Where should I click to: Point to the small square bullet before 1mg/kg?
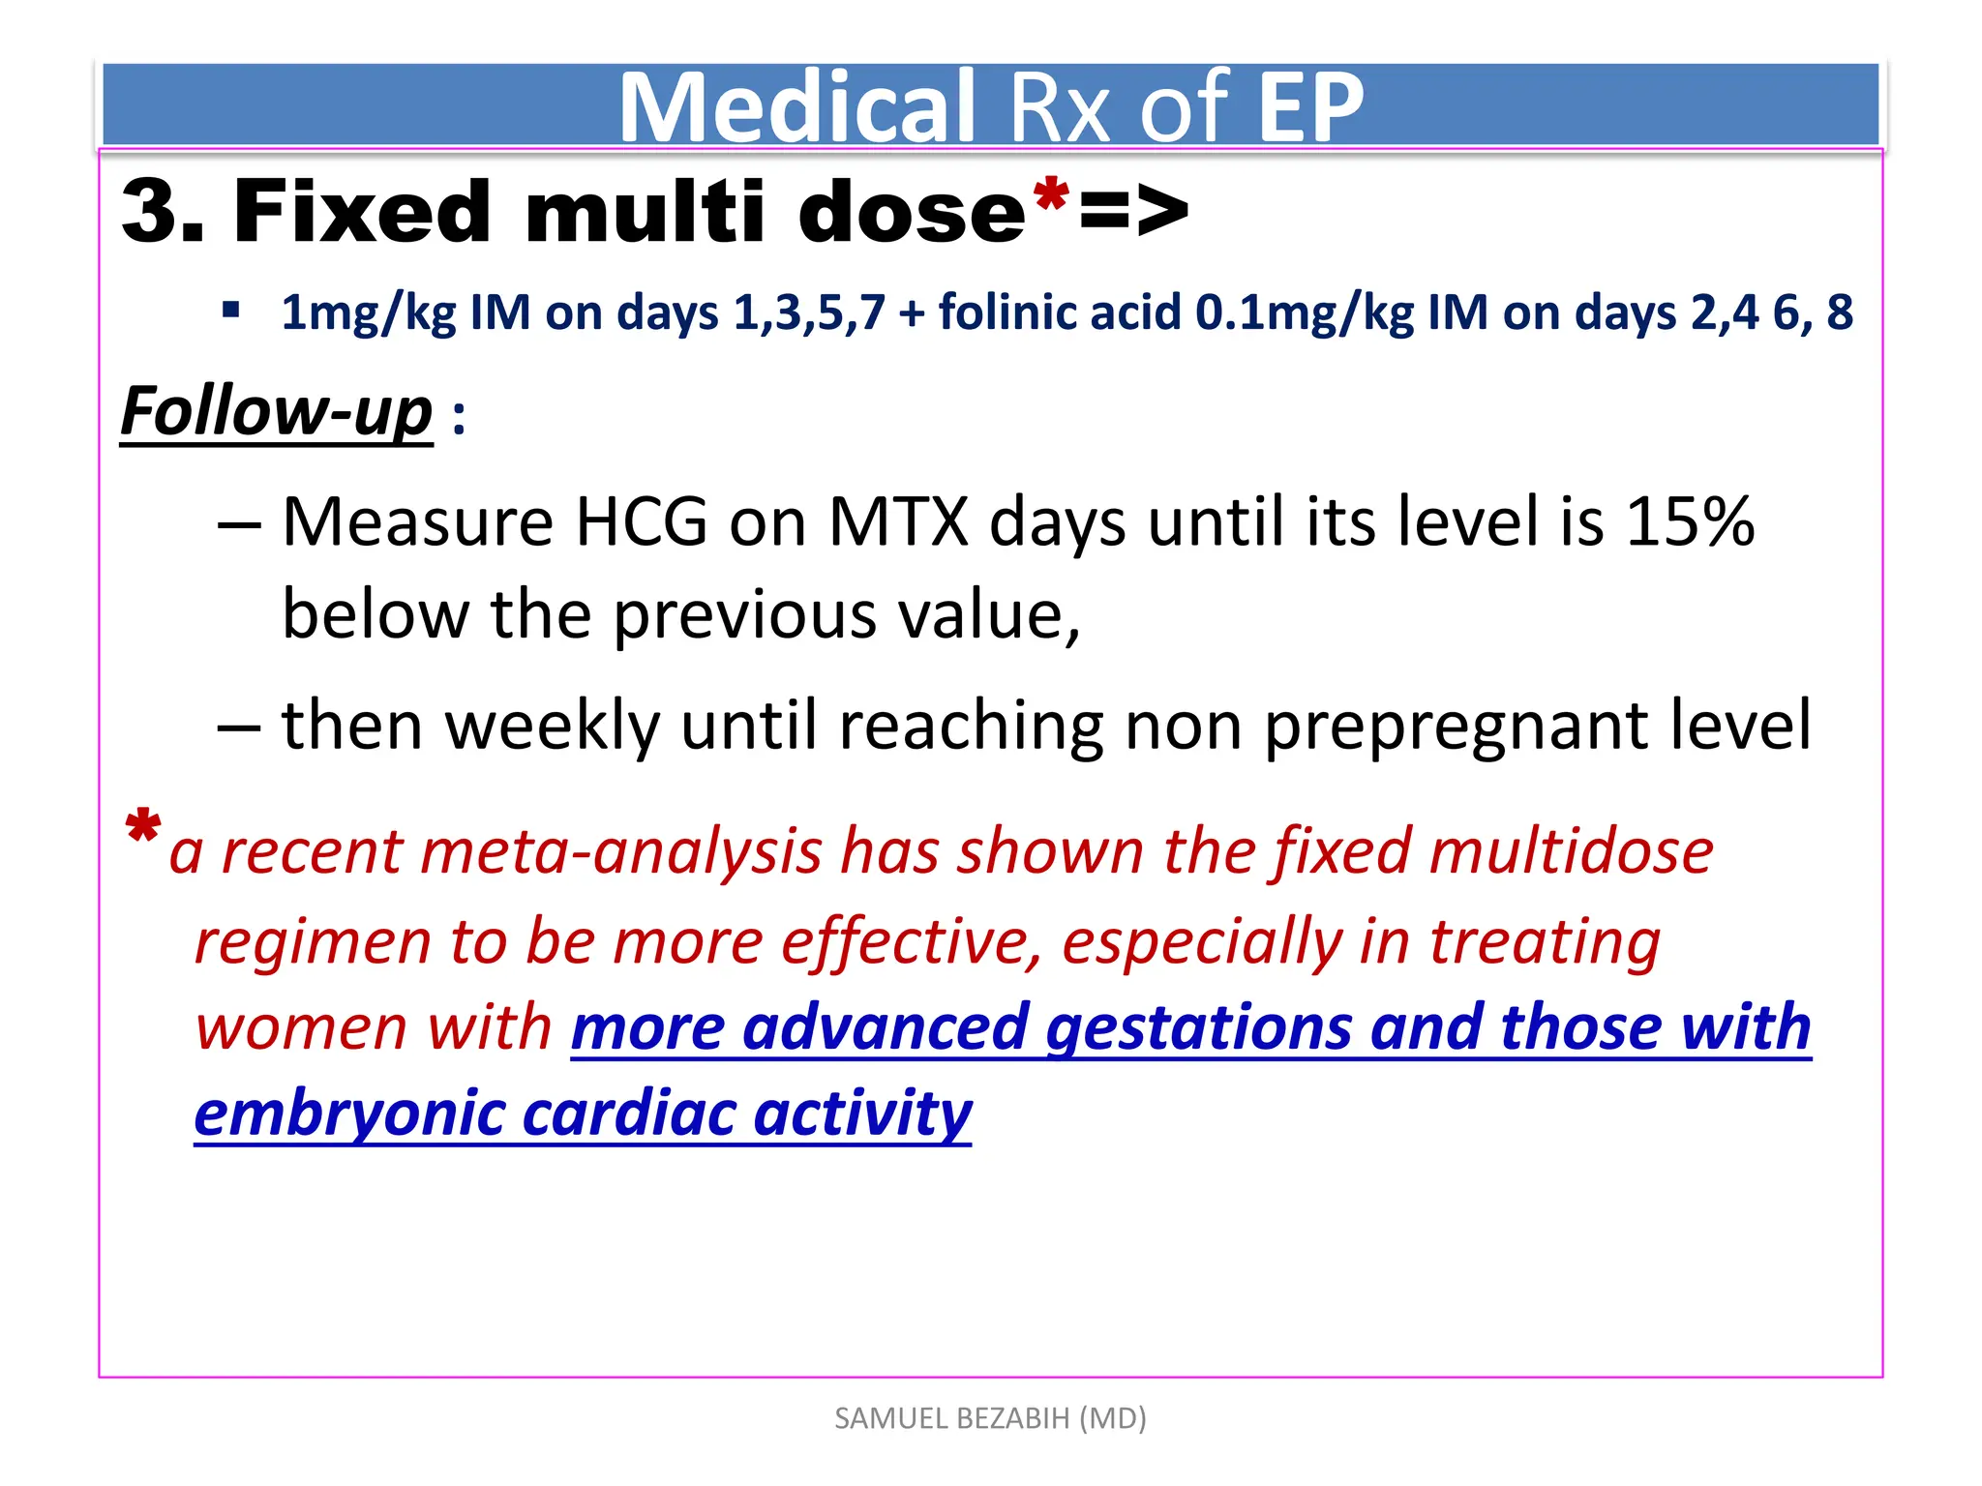(x=230, y=311)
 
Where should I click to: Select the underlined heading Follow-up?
(x=276, y=412)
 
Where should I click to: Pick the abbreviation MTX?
(x=898, y=522)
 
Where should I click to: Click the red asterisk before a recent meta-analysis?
(x=142, y=829)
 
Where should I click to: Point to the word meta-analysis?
(x=619, y=851)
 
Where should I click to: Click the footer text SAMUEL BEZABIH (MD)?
(x=990, y=1418)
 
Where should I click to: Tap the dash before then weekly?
(x=239, y=727)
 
